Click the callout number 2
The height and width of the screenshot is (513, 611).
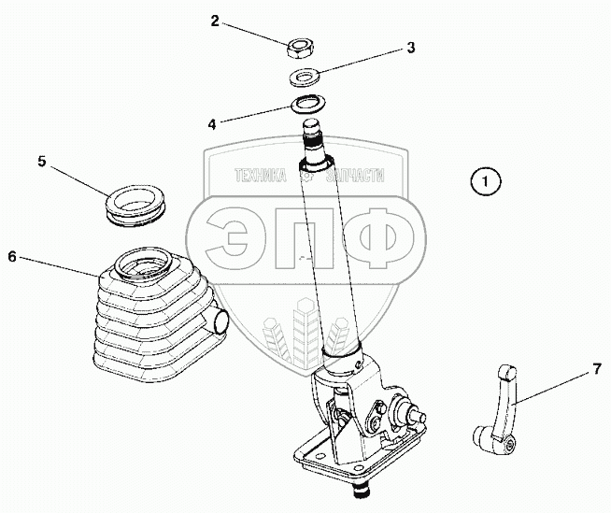coord(214,20)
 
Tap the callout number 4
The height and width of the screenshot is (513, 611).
coord(212,121)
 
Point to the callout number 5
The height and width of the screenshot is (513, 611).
coord(42,161)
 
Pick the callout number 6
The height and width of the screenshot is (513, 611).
coord(11,255)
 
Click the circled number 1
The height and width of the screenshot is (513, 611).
coord(486,180)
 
